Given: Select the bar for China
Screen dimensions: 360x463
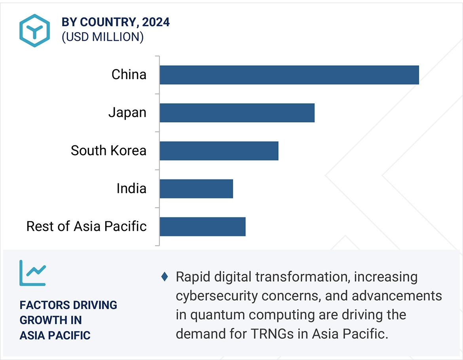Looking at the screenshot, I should click(289, 75).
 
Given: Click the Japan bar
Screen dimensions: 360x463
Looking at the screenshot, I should click(237, 113).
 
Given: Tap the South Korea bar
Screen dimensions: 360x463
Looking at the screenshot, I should click(219, 151).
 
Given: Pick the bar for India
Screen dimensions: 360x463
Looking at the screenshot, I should click(196, 189).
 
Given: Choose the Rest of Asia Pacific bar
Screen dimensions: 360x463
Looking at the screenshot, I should click(203, 227).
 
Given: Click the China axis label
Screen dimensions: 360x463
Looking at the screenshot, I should click(129, 74).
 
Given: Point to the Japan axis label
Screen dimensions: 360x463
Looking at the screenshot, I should click(127, 112).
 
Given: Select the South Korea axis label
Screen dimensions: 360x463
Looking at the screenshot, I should click(108, 150).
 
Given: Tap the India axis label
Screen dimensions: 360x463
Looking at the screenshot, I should click(131, 189).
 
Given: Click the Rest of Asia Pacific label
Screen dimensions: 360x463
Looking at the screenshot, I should click(86, 226).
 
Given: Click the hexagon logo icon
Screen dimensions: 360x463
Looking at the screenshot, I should click(34, 30).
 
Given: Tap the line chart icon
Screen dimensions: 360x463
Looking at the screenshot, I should click(32, 273).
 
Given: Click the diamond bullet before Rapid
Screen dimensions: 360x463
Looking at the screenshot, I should click(165, 277).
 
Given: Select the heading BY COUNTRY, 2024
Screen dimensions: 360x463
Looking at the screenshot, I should click(116, 22).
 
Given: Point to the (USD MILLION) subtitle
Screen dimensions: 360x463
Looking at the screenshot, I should click(102, 37).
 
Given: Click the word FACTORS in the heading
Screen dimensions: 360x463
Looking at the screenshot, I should click(42, 305).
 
